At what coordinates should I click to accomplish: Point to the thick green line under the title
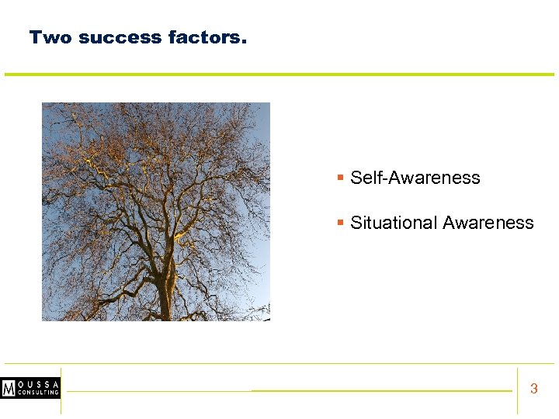[x=279, y=74]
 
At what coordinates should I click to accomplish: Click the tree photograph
[x=155, y=211]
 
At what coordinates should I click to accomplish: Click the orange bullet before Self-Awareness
[x=340, y=178]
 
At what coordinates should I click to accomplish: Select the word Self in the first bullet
[x=365, y=178]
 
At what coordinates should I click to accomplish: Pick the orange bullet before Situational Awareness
[x=340, y=223]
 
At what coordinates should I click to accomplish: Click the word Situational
[x=394, y=223]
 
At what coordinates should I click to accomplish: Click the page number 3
[x=533, y=389]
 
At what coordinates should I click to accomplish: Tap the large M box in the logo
[x=9, y=388]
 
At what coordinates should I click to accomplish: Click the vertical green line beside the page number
[x=517, y=390]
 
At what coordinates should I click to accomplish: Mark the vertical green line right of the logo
[x=61, y=390]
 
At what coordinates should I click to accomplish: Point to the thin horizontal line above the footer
[x=279, y=363]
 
